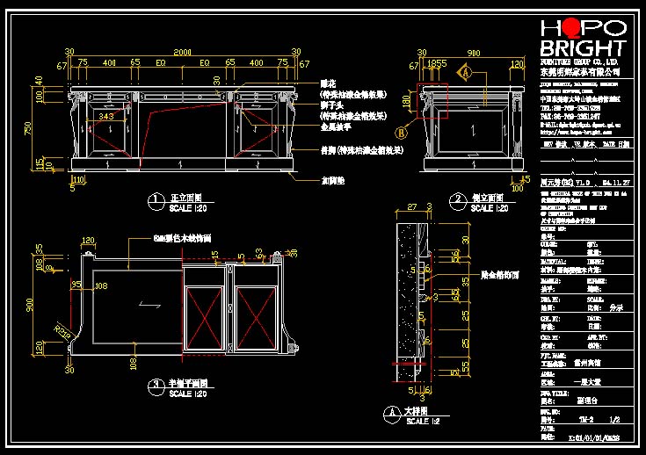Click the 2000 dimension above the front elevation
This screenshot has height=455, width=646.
[181, 54]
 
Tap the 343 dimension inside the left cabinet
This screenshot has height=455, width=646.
[106, 116]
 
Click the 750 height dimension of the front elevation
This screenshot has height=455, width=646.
[28, 127]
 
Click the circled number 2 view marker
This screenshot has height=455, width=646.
[456, 199]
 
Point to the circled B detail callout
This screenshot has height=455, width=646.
[402, 134]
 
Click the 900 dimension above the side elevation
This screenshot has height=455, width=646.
[472, 54]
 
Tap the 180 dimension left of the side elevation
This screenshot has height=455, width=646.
[405, 102]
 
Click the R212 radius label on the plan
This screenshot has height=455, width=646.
[62, 330]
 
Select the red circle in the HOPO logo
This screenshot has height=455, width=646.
[570, 27]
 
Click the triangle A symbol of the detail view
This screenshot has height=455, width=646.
[390, 410]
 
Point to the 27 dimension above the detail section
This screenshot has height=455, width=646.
[410, 208]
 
